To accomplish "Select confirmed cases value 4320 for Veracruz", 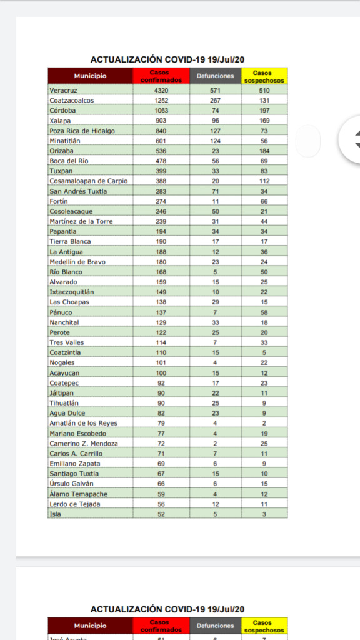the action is [x=161, y=90].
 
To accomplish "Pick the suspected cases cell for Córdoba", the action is [x=264, y=110].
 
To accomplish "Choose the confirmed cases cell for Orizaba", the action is [x=161, y=151].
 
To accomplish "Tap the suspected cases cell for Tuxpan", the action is [x=264, y=171].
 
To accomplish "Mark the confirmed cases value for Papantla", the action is [x=161, y=231].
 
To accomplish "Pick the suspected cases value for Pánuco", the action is [x=264, y=312].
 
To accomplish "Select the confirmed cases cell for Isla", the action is [x=161, y=514].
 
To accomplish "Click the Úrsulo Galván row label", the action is [x=67, y=484].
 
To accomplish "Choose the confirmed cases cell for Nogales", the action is [x=161, y=362].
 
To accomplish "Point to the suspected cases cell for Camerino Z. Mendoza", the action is [x=264, y=443].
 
